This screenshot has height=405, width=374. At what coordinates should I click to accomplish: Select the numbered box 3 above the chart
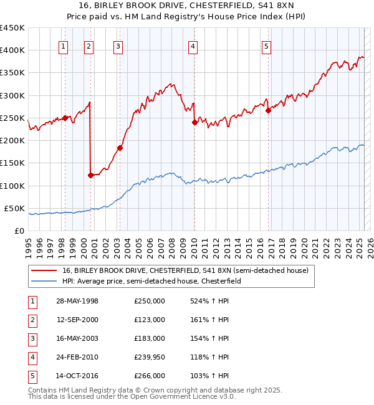118,45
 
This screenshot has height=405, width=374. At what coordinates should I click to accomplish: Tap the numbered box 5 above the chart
266,45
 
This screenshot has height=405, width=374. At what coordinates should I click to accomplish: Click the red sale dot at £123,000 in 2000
90,175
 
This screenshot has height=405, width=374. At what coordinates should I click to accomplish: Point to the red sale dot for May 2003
120,148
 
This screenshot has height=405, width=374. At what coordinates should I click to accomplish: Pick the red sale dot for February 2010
194,123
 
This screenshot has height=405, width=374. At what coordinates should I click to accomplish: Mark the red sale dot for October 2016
268,111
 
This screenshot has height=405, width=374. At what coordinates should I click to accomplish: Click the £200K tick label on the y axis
12,141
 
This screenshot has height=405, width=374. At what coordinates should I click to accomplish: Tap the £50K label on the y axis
15,208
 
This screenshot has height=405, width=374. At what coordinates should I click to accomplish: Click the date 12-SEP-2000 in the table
77,320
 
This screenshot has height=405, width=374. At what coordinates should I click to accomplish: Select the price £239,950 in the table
150,357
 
